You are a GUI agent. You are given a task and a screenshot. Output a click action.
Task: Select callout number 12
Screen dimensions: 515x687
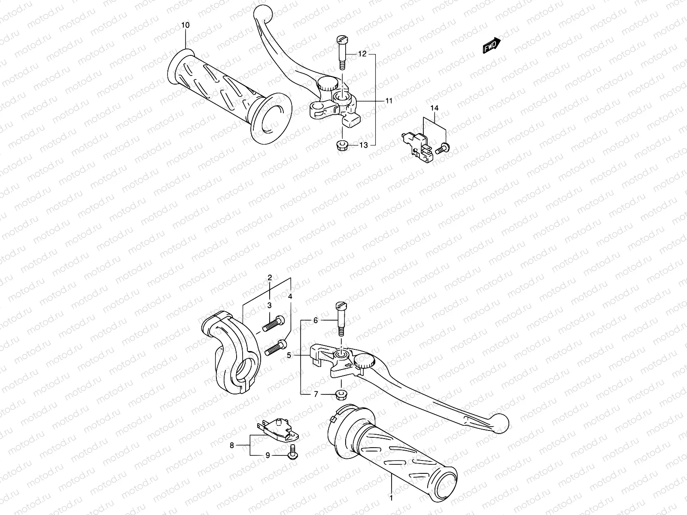coord(362,54)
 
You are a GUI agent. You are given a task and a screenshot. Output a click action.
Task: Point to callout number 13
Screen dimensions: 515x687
coord(363,145)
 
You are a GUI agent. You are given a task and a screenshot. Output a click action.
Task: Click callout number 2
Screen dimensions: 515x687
coord(270,278)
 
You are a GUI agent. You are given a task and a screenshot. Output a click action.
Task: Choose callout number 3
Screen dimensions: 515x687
coord(270,305)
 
